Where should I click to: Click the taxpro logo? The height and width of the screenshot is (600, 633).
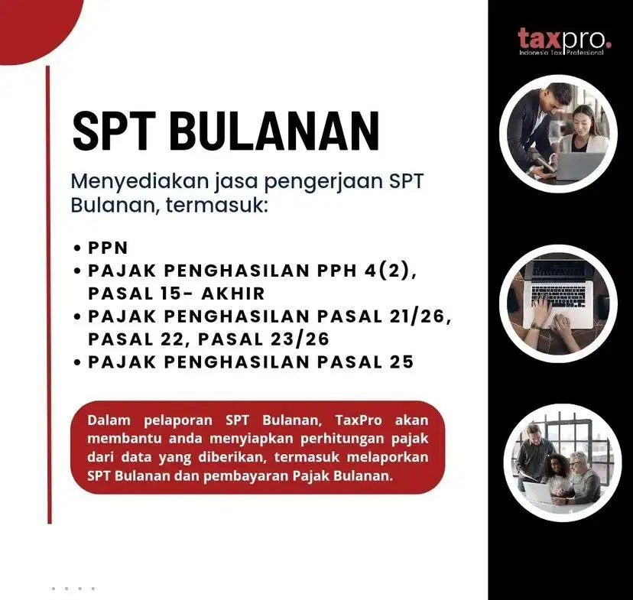563,40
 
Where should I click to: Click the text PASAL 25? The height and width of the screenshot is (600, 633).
367,362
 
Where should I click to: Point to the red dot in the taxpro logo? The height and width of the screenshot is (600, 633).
609,44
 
